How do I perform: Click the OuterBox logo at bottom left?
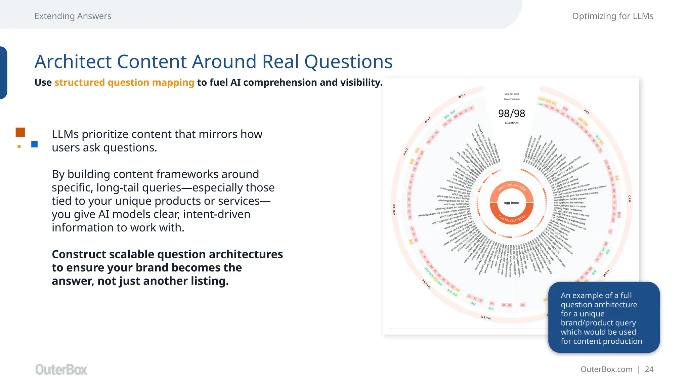(61, 369)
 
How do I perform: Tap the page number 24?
(649, 369)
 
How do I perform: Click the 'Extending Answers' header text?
(73, 16)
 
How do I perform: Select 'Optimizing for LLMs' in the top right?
(612, 16)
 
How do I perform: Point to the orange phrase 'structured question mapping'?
(124, 82)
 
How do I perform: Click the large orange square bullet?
(20, 132)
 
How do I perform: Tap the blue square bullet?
(34, 144)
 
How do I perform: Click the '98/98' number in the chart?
(511, 114)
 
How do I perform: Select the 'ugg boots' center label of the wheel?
(511, 203)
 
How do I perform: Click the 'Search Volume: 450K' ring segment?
(511, 186)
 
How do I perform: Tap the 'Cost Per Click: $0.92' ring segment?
(511, 218)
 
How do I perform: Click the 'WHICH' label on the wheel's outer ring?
(394, 209)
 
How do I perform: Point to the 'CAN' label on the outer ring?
(629, 199)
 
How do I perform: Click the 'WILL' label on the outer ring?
(462, 96)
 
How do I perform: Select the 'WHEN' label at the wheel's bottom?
(486, 317)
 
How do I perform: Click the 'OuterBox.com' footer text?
(606, 369)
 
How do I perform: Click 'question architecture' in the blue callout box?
(599, 305)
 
